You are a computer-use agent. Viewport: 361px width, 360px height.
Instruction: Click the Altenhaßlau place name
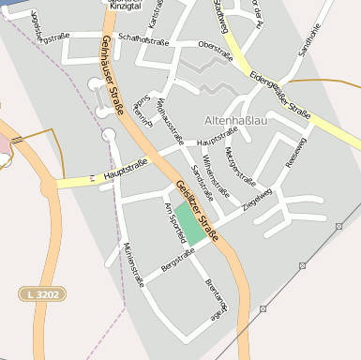[x=241, y=121]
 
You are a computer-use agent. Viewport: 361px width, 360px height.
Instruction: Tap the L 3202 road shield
[x=43, y=294]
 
